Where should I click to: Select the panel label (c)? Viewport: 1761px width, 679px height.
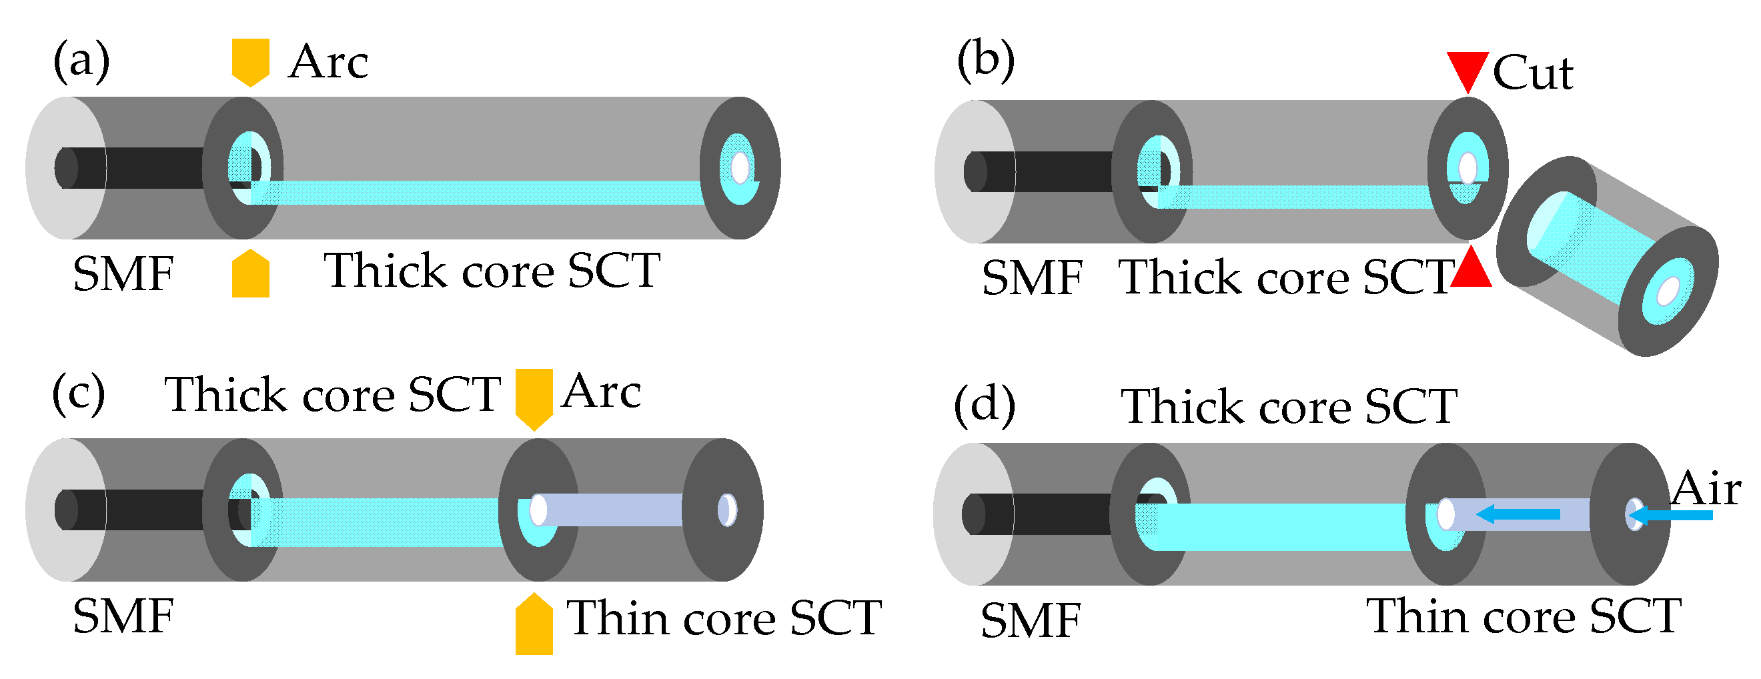(79, 395)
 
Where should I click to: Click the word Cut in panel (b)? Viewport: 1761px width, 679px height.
(1533, 73)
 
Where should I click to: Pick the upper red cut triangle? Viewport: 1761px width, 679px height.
(1467, 70)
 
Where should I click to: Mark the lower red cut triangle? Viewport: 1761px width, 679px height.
(1470, 268)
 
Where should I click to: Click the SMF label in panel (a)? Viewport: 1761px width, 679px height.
(123, 274)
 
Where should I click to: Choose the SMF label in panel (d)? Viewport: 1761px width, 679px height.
(1031, 621)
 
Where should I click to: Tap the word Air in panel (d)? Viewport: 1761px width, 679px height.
(1706, 490)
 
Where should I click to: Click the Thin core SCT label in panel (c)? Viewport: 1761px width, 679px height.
(724, 618)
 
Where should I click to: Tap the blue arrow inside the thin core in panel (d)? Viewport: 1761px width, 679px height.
(1518, 514)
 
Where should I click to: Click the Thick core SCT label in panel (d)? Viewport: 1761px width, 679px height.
(1289, 407)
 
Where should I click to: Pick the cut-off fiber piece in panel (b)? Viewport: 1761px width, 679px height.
(1606, 256)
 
